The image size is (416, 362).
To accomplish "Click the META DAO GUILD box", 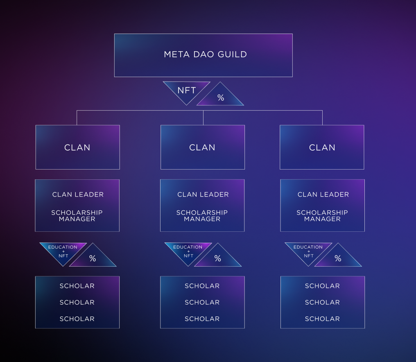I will [203, 55].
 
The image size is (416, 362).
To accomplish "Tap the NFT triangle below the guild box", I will [186, 90].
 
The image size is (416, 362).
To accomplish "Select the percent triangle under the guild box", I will [220, 98].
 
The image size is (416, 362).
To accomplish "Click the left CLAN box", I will [77, 147].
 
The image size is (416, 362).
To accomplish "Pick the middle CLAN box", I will [202, 147].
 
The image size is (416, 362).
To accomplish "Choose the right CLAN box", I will [322, 147].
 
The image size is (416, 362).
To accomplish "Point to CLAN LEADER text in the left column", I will [78, 195].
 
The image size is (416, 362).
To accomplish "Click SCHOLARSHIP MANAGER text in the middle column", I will [202, 215].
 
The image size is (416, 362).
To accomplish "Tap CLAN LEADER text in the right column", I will [323, 195].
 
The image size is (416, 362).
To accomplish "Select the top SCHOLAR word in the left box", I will [77, 286].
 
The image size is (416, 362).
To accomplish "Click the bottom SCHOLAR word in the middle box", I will [202, 319].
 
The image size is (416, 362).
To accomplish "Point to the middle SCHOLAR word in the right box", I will [322, 302].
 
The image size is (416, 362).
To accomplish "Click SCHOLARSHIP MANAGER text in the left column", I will [77, 215].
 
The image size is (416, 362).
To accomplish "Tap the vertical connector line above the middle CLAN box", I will [203, 118].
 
